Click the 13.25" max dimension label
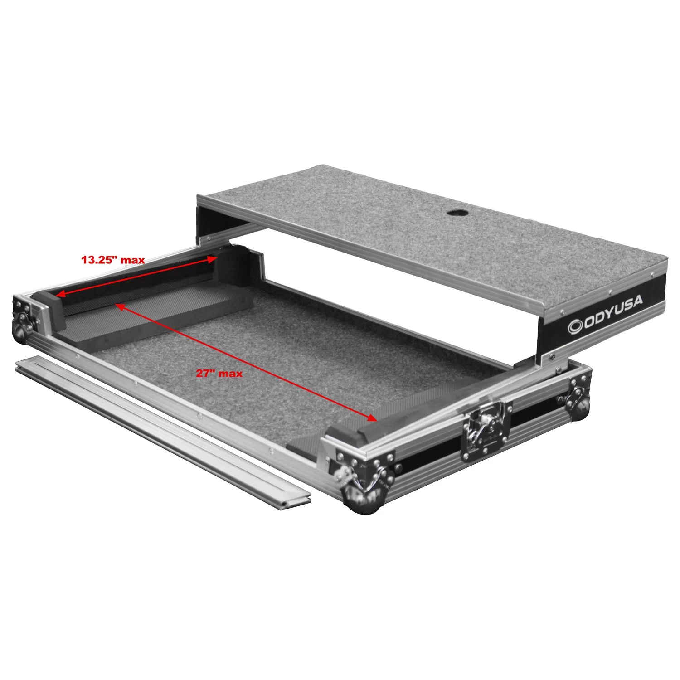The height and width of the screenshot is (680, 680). pyautogui.click(x=113, y=260)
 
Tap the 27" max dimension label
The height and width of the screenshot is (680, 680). pyautogui.click(x=219, y=374)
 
